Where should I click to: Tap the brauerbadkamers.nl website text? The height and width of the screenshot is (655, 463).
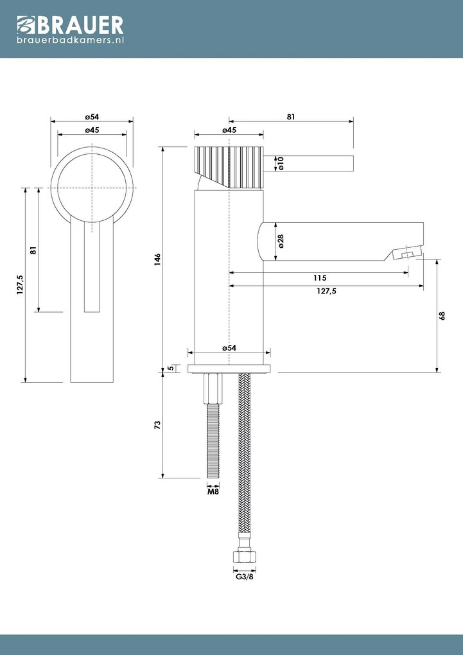point(71,40)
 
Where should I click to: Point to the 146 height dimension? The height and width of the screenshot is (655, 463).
point(157,259)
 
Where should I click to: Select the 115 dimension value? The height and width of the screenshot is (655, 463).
point(320,278)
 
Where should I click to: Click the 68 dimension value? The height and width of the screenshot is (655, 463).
point(442,316)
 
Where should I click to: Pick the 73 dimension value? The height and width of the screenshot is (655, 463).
point(157,425)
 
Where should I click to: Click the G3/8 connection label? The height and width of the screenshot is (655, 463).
point(244,577)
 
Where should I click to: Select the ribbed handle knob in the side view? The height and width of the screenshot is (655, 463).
point(229,166)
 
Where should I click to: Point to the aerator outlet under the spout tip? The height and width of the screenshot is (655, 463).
point(406,255)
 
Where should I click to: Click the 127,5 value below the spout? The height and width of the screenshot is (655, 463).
point(326,291)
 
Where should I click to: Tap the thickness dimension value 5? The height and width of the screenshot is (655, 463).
point(171,369)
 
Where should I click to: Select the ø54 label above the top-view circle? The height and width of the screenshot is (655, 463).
point(91,117)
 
